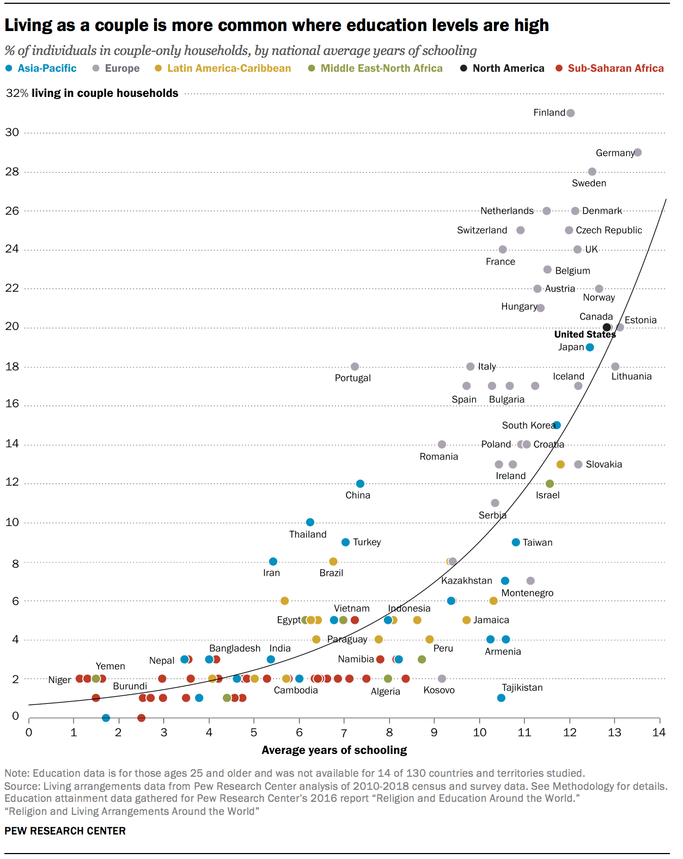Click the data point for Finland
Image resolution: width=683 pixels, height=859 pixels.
(x=570, y=113)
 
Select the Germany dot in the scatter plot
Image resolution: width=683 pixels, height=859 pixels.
(x=638, y=152)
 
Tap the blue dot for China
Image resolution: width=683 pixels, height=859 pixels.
(x=360, y=483)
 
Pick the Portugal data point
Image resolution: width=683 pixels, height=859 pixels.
(x=355, y=366)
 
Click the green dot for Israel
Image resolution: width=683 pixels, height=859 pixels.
(x=550, y=483)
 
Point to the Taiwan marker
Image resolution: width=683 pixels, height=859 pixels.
(x=516, y=542)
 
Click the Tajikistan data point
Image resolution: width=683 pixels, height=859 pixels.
(x=501, y=698)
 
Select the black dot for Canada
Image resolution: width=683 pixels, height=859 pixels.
(x=607, y=327)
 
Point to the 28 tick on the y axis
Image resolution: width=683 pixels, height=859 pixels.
(x=12, y=171)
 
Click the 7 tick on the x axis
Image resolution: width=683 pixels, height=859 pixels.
(x=344, y=732)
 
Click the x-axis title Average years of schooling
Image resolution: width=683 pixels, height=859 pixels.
(x=334, y=750)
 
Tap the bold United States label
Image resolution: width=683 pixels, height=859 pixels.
(x=584, y=334)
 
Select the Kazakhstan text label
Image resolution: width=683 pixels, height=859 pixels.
(x=466, y=580)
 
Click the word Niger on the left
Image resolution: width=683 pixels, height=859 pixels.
(x=59, y=680)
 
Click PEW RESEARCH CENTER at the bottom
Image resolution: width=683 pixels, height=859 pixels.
(x=65, y=831)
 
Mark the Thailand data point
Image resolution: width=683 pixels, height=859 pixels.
(x=310, y=522)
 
